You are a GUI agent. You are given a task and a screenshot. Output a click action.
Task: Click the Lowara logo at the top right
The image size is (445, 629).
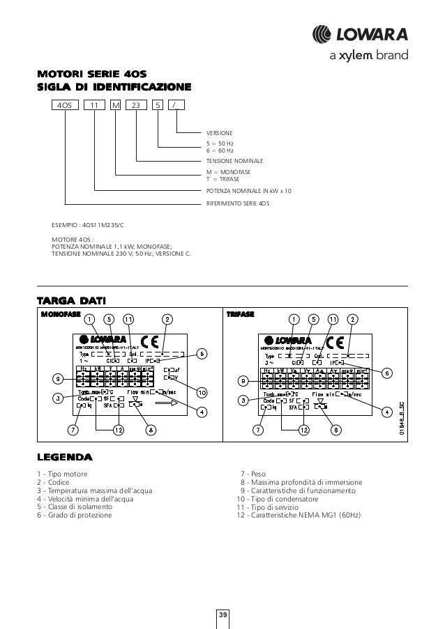[369, 34]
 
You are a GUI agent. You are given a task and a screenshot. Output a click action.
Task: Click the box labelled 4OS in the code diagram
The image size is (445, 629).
[63, 106]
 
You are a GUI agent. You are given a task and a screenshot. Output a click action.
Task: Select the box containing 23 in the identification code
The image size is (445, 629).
[136, 106]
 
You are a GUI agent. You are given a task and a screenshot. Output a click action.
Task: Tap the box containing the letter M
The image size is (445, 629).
[116, 106]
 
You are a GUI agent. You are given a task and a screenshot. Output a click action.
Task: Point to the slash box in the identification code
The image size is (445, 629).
[178, 106]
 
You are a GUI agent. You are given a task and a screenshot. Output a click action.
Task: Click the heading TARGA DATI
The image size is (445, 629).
[71, 301]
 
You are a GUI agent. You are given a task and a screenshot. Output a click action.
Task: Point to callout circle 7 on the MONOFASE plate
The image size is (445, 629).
[71, 430]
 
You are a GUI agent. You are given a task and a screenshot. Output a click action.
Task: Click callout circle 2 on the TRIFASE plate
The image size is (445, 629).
[354, 319]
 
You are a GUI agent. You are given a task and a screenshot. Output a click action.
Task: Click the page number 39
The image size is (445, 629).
[222, 614]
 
